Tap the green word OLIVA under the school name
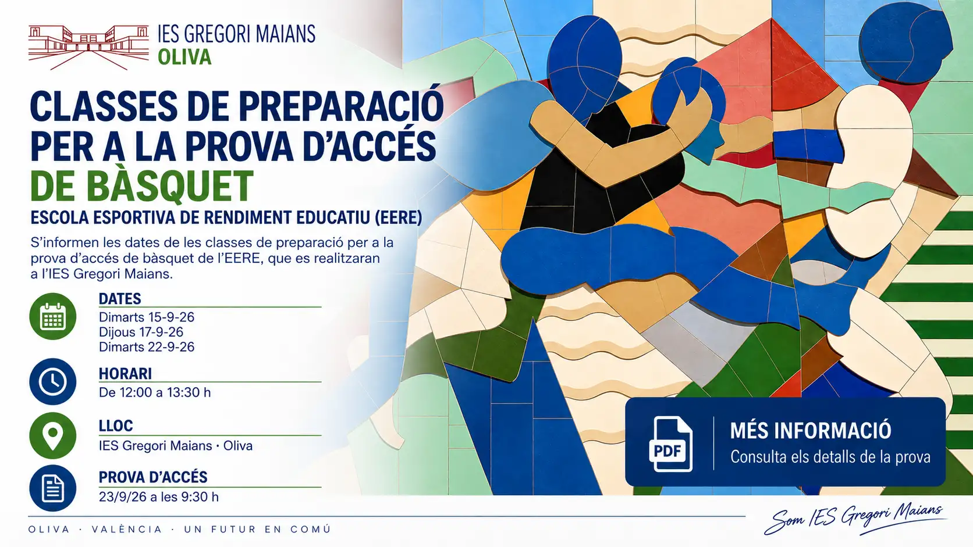pyautogui.click(x=184, y=58)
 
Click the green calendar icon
pyautogui.click(x=53, y=316)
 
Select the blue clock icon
pyautogui.click(x=53, y=382)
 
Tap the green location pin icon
pyautogui.click(x=53, y=435)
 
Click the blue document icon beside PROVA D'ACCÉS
pyautogui.click(x=53, y=488)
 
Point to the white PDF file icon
pyautogui.click(x=670, y=444)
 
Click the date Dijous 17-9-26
pyautogui.click(x=141, y=333)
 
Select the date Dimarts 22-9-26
pyautogui.click(x=147, y=347)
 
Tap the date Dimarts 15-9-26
pyautogui.click(x=147, y=317)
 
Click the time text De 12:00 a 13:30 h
pyautogui.click(x=155, y=392)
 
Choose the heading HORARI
pyautogui.click(x=125, y=374)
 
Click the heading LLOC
pyautogui.click(x=116, y=426)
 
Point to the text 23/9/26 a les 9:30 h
pyautogui.click(x=159, y=496)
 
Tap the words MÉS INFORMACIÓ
pyautogui.click(x=811, y=430)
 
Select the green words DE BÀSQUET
pyautogui.click(x=142, y=186)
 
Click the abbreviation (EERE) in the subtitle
pyautogui.click(x=398, y=218)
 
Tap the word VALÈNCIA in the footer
pyautogui.click(x=127, y=529)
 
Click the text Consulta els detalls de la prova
pyautogui.click(x=830, y=457)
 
